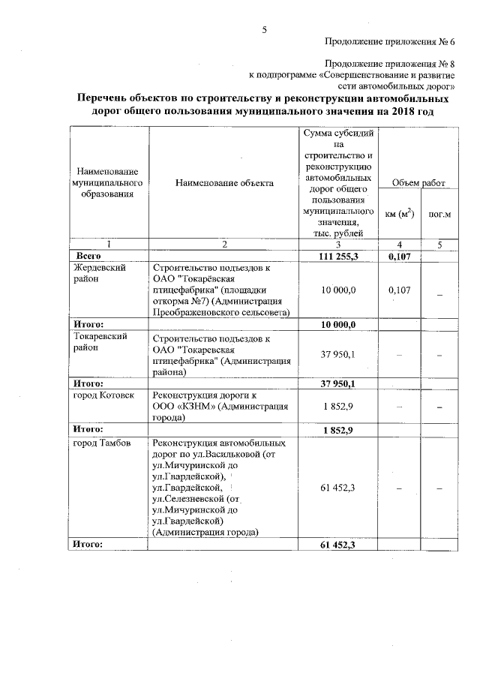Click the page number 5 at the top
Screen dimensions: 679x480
264,30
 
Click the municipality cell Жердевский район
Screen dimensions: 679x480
98,273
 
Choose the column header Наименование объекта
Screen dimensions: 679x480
224,183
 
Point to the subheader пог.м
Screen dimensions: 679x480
439,214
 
